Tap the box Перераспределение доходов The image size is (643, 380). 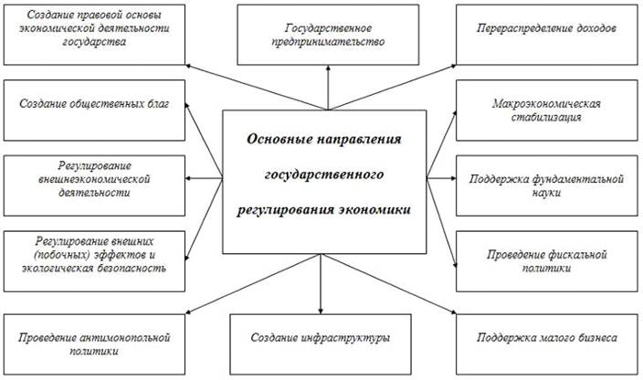(x=546, y=29)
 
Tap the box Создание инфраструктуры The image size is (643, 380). (x=321, y=338)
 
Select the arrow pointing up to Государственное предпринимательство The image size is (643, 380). (x=327, y=91)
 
